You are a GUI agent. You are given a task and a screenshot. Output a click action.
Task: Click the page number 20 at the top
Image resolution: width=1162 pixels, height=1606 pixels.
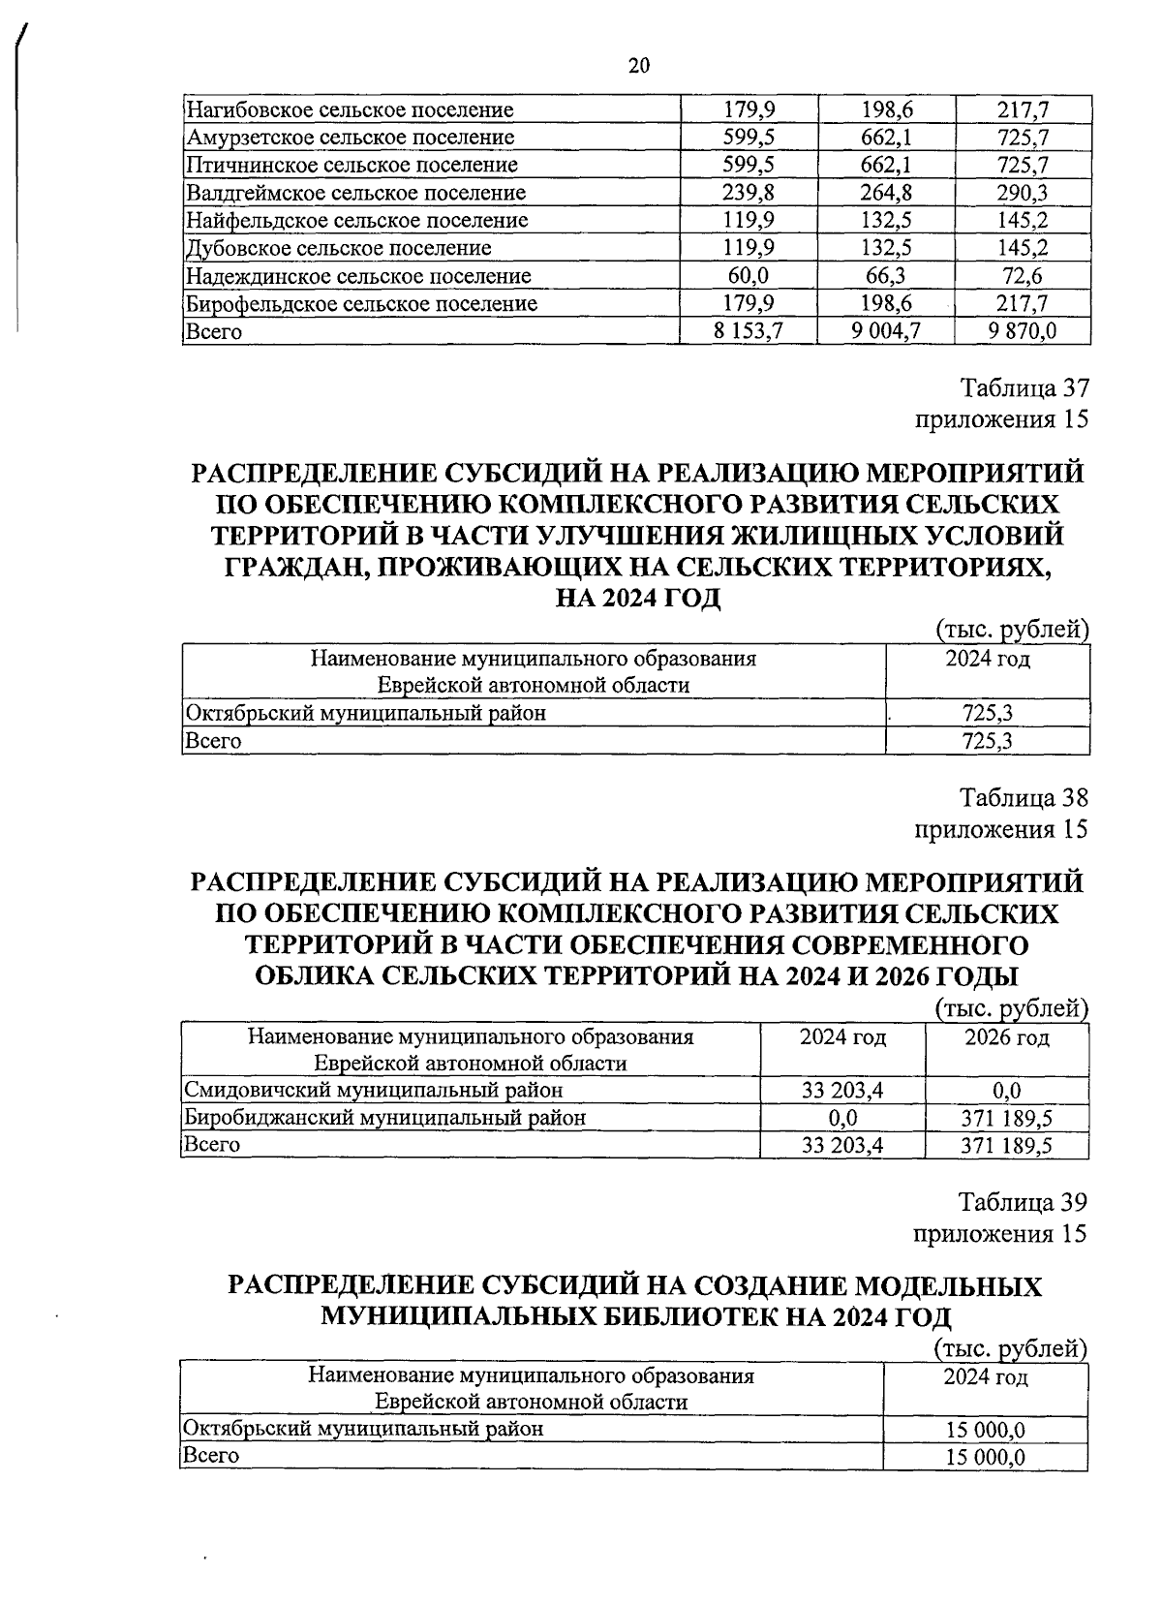pyautogui.click(x=638, y=66)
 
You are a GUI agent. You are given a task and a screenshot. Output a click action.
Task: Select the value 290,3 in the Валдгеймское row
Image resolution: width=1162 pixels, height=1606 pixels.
pyautogui.click(x=1024, y=193)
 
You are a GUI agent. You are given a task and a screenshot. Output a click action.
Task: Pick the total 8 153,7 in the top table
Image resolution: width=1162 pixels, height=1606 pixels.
pyautogui.click(x=748, y=331)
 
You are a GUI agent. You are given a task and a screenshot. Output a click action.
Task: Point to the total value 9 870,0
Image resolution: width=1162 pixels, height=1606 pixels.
pyautogui.click(x=1023, y=331)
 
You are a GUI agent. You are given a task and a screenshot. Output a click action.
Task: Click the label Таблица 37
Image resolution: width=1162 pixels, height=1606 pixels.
pyautogui.click(x=1024, y=388)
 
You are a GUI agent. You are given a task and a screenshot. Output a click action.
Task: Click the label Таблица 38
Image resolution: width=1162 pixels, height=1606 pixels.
pyautogui.click(x=1024, y=798)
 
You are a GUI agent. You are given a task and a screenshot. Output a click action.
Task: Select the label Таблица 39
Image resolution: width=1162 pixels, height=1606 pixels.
pyautogui.click(x=1024, y=1202)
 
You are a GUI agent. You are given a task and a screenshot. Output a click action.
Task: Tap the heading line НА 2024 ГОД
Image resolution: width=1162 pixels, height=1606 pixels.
pyautogui.click(x=638, y=598)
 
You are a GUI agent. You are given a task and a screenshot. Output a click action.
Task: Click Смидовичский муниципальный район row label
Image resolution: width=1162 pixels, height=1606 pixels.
pyautogui.click(x=374, y=1090)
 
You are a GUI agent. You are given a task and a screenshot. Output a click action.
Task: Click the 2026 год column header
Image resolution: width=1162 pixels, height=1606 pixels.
pyautogui.click(x=1007, y=1037)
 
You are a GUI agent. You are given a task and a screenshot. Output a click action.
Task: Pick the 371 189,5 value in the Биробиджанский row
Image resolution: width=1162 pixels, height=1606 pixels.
pyautogui.click(x=1007, y=1118)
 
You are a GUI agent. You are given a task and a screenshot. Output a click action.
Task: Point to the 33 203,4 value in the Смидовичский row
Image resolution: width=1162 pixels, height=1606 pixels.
pyautogui.click(x=842, y=1090)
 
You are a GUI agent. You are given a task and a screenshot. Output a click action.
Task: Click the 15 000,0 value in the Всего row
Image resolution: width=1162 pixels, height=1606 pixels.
pyautogui.click(x=986, y=1458)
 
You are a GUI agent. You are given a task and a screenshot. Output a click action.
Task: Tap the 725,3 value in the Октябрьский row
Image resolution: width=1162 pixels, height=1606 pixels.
pyautogui.click(x=988, y=714)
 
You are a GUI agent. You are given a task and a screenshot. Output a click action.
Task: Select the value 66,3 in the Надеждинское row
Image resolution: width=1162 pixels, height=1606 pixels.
pyautogui.click(x=885, y=276)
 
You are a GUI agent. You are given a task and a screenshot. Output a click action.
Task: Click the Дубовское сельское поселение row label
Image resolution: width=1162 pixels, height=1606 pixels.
pyautogui.click(x=338, y=248)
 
